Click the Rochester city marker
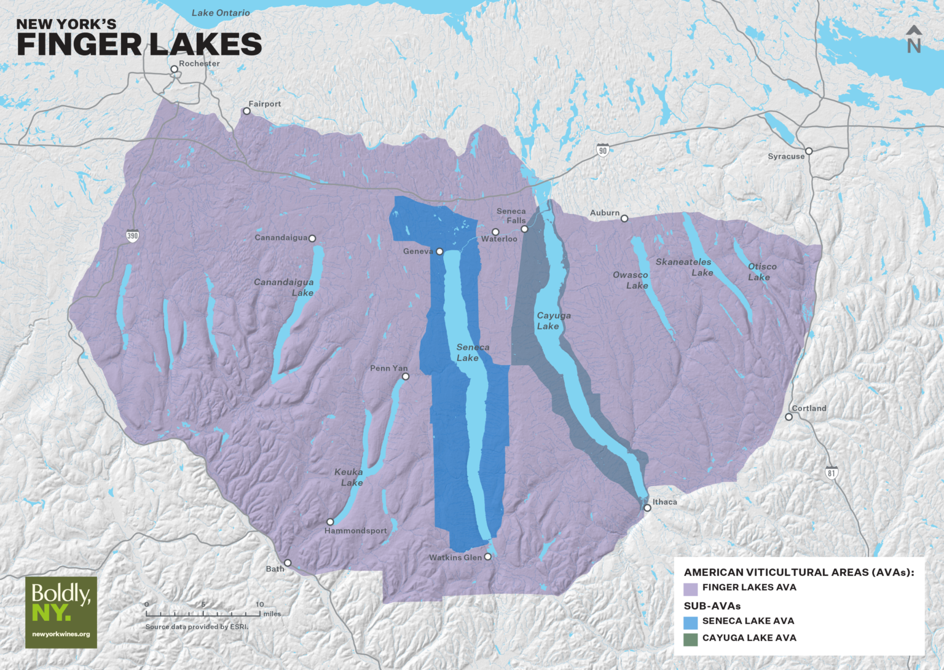(175, 69)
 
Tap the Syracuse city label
(786, 157)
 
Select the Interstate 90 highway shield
(603, 150)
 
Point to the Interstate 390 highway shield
(133, 235)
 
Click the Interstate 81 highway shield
(832, 473)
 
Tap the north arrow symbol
(914, 39)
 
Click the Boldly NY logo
(61, 612)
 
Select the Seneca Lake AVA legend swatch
(691, 623)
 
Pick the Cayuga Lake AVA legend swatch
(691, 639)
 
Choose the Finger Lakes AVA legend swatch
(691, 589)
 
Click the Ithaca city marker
(647, 508)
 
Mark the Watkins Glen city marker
(488, 557)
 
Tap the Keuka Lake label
(349, 478)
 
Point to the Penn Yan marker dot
(406, 376)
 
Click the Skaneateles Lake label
(684, 267)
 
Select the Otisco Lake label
(762, 272)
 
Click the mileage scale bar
(203, 613)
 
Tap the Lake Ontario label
(221, 13)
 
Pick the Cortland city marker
(789, 417)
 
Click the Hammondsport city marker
(330, 522)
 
